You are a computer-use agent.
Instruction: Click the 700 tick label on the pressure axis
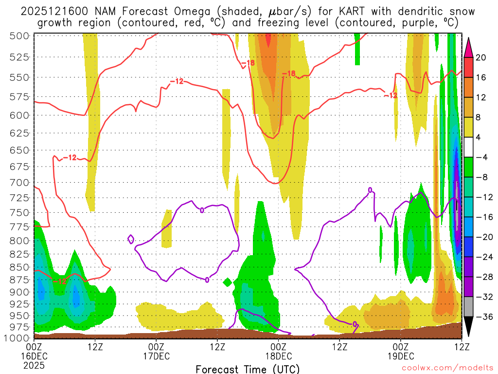point(19,183)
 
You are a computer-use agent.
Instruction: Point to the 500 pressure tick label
point(19,36)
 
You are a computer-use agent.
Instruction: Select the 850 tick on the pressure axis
point(19,267)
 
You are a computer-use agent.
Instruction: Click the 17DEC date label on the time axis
point(156,356)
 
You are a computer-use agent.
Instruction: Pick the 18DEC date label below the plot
point(278,356)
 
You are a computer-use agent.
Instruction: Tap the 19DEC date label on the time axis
point(400,356)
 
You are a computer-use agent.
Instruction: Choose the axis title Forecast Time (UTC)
point(248,369)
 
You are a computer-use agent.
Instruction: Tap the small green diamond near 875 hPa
point(227,281)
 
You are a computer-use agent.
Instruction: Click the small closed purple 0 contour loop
point(131,239)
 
